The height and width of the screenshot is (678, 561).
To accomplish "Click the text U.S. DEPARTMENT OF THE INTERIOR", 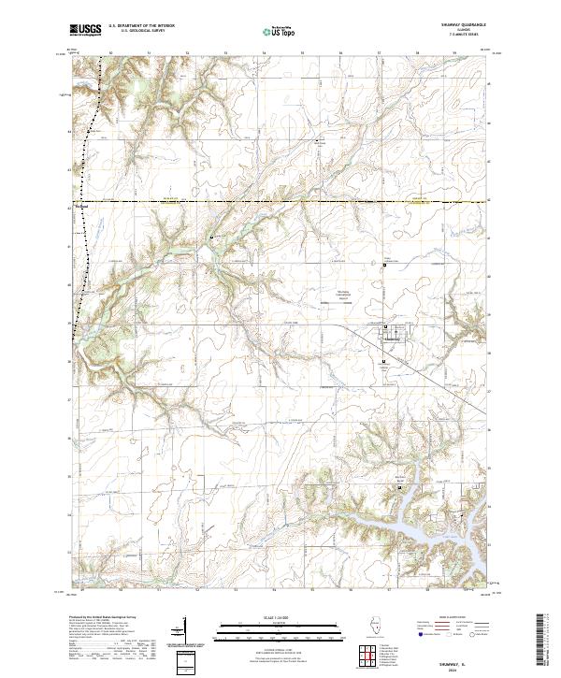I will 141,26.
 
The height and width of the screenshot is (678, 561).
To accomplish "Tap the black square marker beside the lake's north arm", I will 401,487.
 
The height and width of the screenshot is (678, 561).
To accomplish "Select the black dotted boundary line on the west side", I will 86,234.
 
